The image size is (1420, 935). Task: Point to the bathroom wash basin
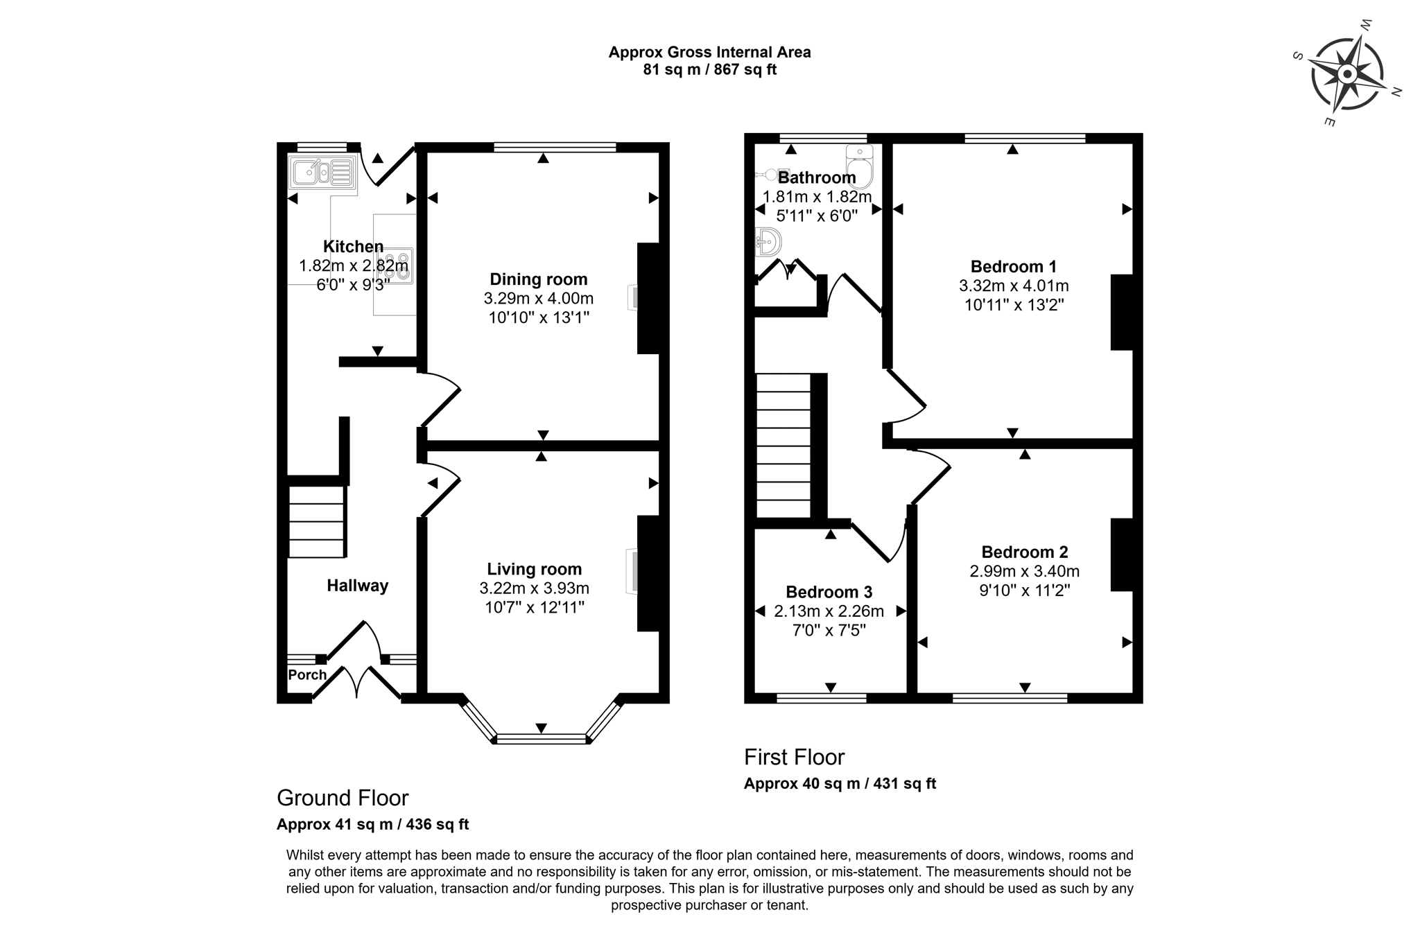point(768,242)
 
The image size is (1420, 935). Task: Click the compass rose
point(1347,74)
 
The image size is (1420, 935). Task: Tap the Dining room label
point(538,279)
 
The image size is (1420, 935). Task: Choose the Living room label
point(534,569)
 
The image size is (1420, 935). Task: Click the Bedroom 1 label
point(1013,267)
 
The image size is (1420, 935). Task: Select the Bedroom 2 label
point(1024,552)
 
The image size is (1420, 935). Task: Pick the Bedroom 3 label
point(829,592)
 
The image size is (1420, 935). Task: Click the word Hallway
point(357,586)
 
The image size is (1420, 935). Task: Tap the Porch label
point(307,674)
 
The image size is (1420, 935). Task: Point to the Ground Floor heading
point(343,798)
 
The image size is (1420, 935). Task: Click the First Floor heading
point(794,757)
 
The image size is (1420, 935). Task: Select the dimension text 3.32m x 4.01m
point(1013,286)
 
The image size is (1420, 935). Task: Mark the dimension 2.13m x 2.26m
point(829,611)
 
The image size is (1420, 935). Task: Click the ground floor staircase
point(316,521)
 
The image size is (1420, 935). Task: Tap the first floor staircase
point(783,446)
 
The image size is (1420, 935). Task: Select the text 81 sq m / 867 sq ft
point(709,70)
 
